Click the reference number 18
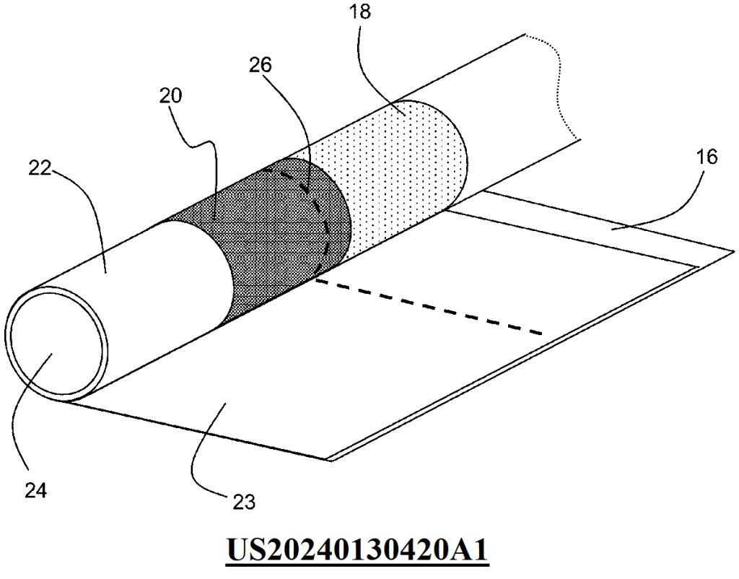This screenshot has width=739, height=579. pyautogui.click(x=361, y=12)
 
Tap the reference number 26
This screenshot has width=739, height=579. pyautogui.click(x=261, y=64)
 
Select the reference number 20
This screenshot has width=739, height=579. pyautogui.click(x=170, y=96)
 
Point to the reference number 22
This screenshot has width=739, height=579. pyautogui.click(x=40, y=168)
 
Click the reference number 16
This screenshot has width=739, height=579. pyautogui.click(x=707, y=157)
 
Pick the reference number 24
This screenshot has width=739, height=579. pyautogui.click(x=36, y=492)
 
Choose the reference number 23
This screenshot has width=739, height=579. pyautogui.click(x=244, y=502)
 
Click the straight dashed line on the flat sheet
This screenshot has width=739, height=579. pyautogui.click(x=429, y=307)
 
